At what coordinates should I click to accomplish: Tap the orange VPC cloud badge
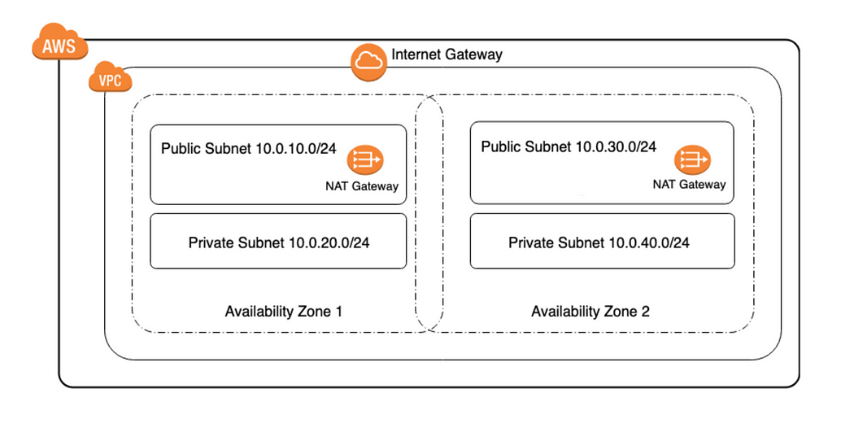[110, 80]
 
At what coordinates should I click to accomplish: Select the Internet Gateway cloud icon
[368, 62]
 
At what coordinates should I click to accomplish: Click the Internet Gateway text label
[447, 55]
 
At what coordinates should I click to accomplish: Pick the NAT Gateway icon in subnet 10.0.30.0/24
[692, 159]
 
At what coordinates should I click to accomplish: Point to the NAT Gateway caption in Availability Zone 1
[362, 186]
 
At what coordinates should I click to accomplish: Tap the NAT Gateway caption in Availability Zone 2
[689, 185]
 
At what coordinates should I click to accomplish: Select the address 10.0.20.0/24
[333, 242]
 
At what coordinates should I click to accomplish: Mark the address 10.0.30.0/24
[616, 147]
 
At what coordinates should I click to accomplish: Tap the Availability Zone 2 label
[590, 312]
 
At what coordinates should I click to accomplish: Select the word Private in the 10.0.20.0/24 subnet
[211, 242]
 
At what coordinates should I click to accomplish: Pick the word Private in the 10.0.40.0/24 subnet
[531, 243]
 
